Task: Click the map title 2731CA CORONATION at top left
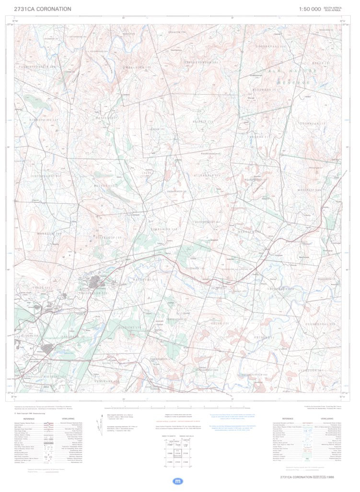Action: coord(43,9)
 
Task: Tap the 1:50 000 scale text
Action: coord(310,9)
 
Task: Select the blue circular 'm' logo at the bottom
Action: coord(178,480)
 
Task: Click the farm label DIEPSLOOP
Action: coord(110,237)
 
